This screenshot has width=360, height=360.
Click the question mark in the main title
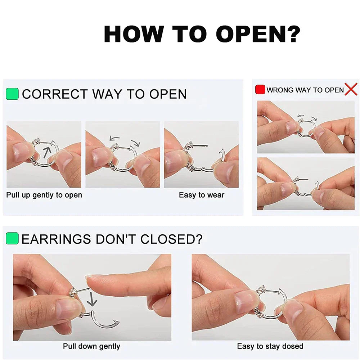tap(292, 34)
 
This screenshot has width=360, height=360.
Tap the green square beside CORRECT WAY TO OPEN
tap(12, 94)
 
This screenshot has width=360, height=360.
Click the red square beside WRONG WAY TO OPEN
tap(260, 90)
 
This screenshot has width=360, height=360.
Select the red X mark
tap(351, 89)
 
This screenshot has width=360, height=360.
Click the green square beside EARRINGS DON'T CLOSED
tap(12, 238)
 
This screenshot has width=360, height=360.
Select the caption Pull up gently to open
tap(44, 195)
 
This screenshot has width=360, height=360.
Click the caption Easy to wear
tap(202, 195)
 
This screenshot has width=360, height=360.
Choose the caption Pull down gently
tap(91, 346)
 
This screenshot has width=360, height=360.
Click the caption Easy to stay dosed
tap(270, 346)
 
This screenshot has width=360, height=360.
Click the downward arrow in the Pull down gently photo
tap(92, 299)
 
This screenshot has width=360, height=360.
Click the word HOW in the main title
tap(134, 34)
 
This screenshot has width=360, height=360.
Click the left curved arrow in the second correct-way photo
tap(114, 138)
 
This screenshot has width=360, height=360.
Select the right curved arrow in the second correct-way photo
tap(135, 143)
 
